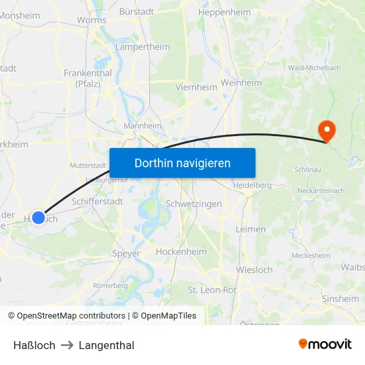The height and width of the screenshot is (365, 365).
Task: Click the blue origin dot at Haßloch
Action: pos(38,217)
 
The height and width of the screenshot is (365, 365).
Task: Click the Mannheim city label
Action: pos(143,125)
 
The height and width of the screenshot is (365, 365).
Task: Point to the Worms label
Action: pos(92,20)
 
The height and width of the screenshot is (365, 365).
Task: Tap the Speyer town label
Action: pos(126,254)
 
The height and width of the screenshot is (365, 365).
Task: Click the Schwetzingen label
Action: pos(194,204)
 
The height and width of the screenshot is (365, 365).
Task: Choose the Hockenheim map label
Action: pos(181,252)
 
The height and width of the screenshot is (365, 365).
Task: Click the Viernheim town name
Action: pos(196,87)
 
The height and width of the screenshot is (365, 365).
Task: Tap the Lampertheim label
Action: pos(143,47)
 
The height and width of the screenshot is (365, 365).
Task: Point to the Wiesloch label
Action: pos(254,270)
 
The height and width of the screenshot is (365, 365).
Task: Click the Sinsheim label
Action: pos(340,299)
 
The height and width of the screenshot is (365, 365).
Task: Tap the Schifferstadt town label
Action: pos(97,200)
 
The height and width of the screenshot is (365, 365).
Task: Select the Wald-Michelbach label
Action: pos(314,68)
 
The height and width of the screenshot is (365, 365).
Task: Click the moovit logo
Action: pos(325,344)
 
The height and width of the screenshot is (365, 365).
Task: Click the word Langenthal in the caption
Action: pos(106,345)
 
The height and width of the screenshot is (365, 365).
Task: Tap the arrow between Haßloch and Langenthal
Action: pos(67,345)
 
